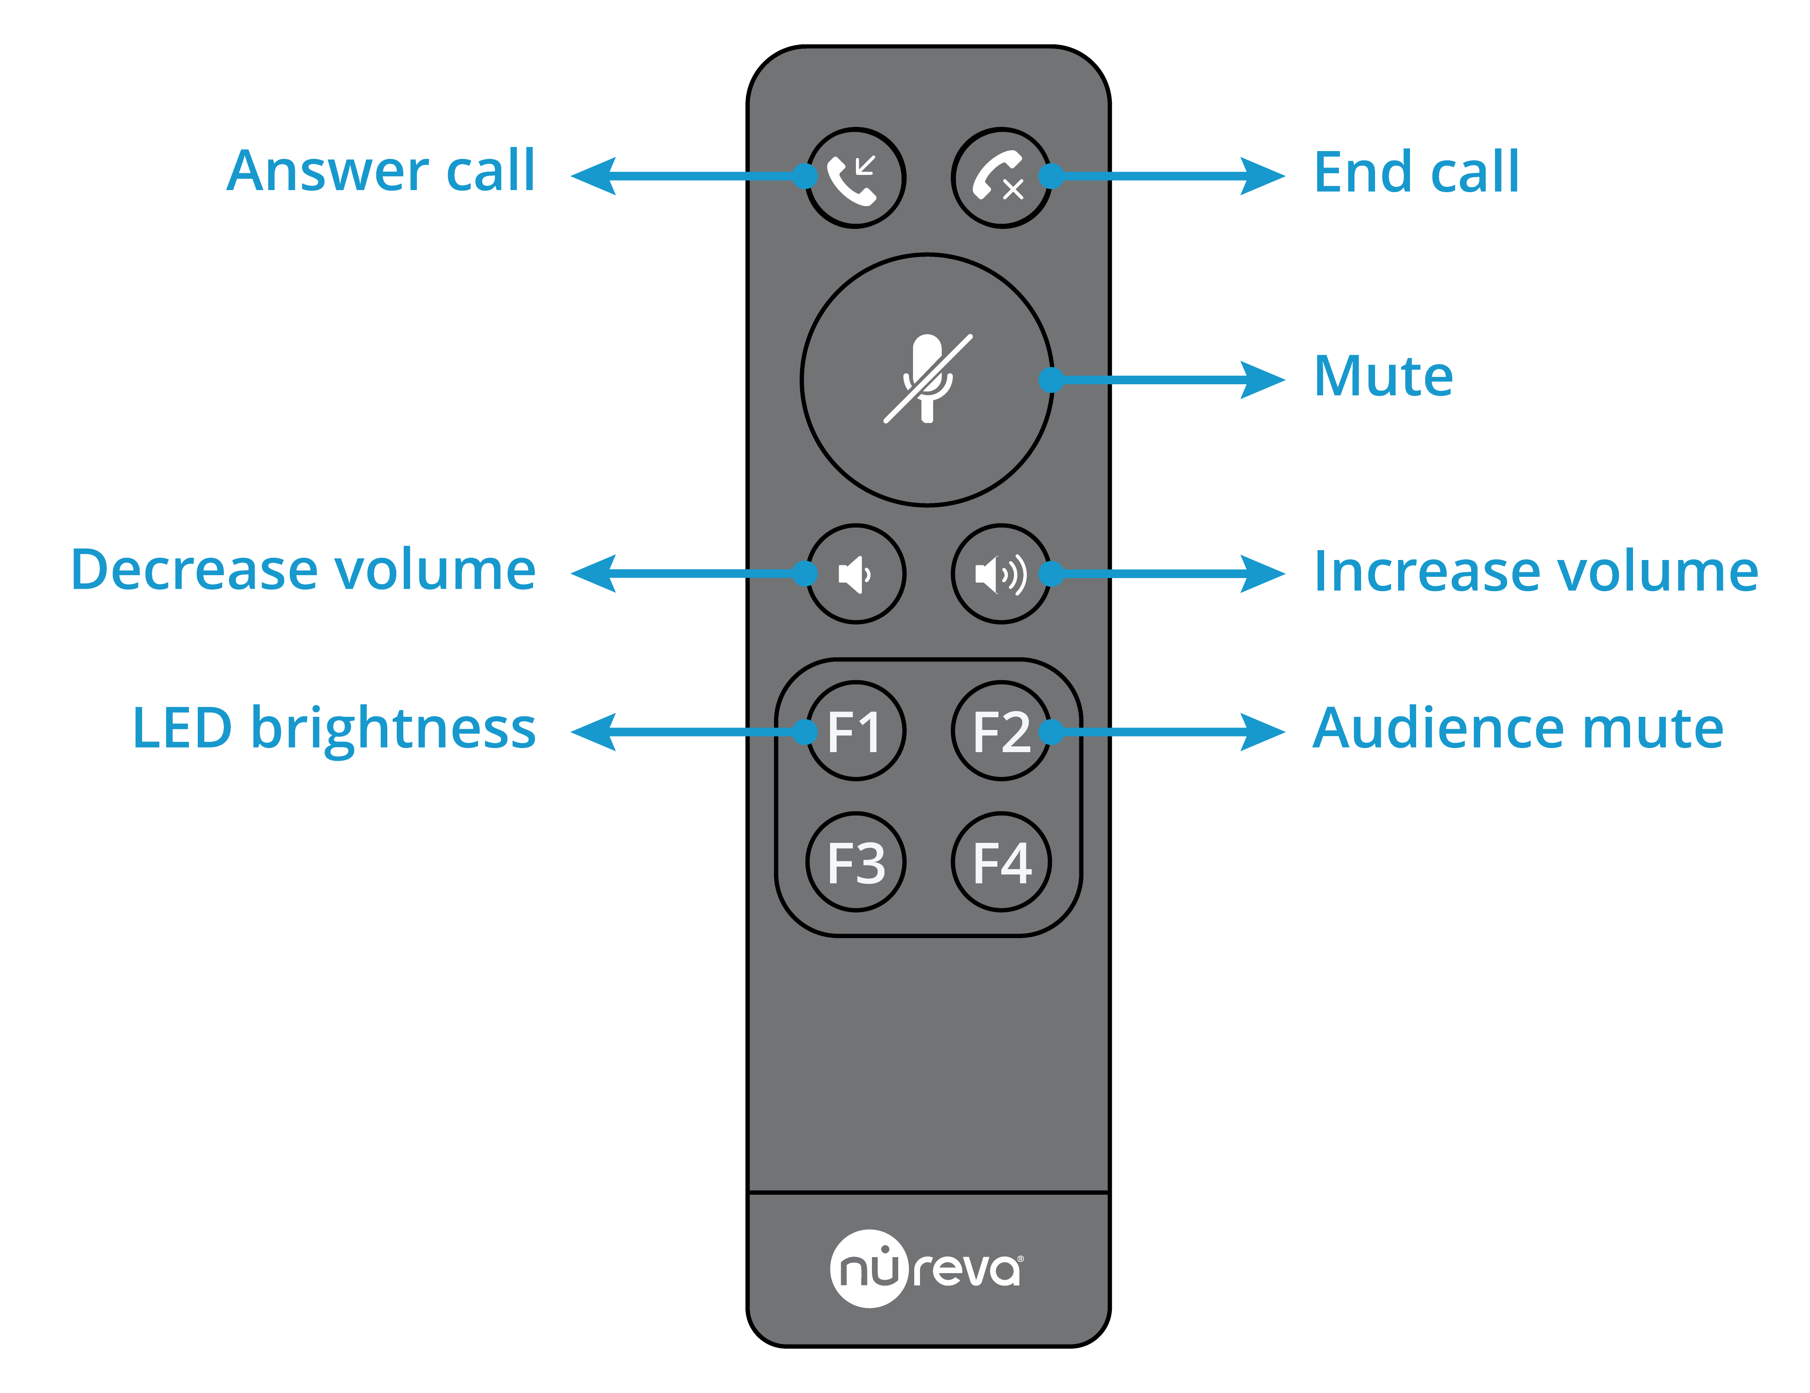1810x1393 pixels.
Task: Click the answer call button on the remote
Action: (855, 177)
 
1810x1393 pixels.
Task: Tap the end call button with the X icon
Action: (1001, 177)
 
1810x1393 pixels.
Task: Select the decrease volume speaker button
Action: (855, 574)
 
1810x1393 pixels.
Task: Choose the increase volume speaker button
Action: (1001, 574)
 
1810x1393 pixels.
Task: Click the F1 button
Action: (855, 731)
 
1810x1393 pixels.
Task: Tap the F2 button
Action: (1001, 731)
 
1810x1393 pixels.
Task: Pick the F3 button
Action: (855, 862)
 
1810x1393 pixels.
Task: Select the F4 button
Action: (1001, 862)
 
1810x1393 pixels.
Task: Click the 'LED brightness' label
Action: (334, 728)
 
